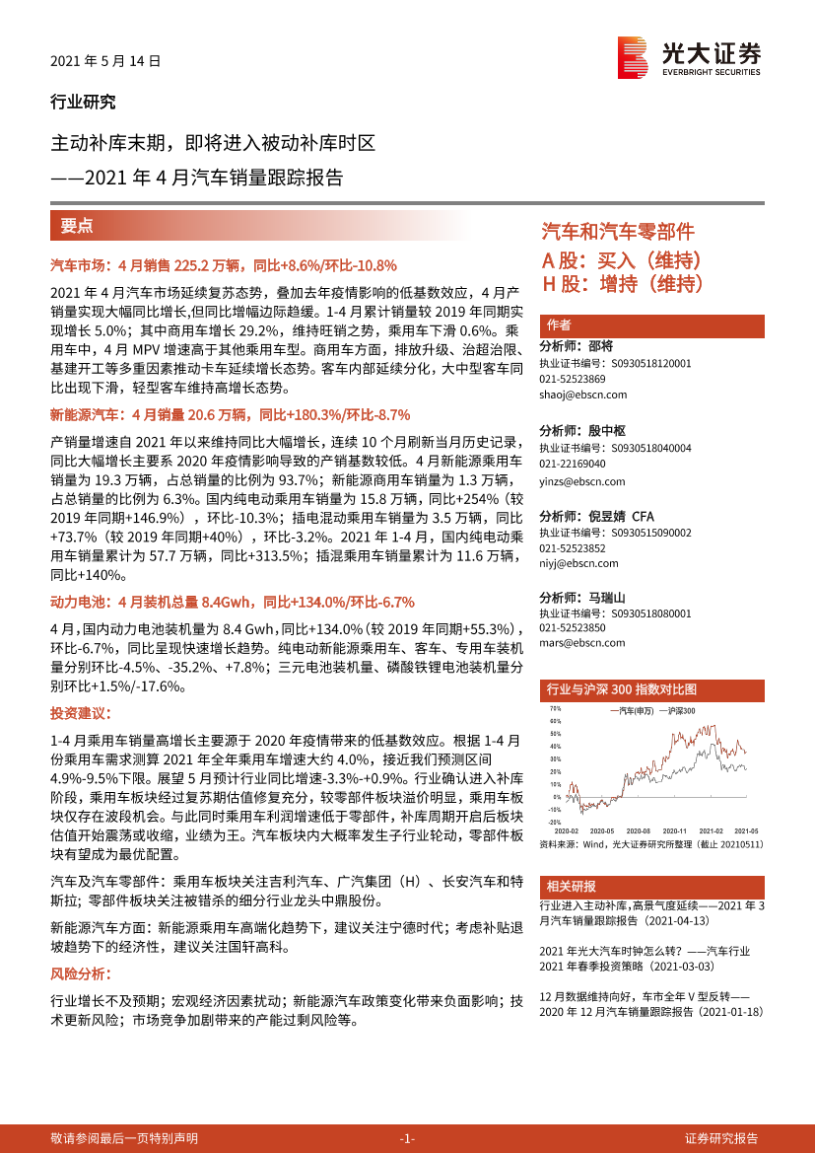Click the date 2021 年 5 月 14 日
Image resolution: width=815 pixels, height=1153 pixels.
click(x=104, y=60)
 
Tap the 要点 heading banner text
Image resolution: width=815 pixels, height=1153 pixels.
click(x=77, y=225)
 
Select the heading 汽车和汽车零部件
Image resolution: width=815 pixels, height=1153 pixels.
click(x=618, y=232)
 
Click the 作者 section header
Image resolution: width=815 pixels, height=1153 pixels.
click(x=560, y=326)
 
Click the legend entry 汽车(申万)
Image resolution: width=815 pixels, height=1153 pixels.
click(x=634, y=710)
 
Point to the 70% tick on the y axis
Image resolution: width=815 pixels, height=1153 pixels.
click(x=556, y=708)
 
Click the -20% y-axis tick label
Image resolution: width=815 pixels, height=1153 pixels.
click(x=555, y=822)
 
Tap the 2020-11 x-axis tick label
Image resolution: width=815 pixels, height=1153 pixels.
click(x=674, y=830)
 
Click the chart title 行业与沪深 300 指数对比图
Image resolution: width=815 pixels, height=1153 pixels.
click(x=621, y=689)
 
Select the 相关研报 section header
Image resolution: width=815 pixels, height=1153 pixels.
click(x=572, y=886)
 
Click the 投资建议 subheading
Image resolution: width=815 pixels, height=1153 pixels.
click(x=81, y=712)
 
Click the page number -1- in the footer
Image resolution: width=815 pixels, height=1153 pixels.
click(x=407, y=1138)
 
